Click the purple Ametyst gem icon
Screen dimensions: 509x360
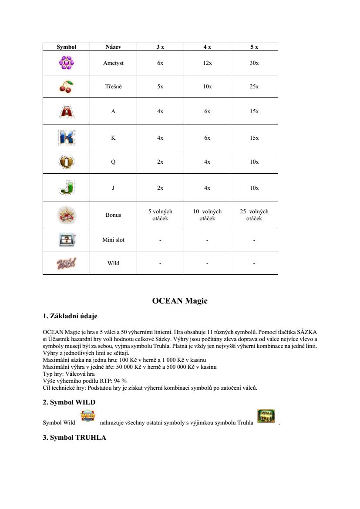[x=66, y=63]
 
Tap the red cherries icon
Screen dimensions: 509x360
[x=66, y=87]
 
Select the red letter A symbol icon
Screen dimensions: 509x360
[x=66, y=111]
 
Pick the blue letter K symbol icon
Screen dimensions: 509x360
[x=66, y=138]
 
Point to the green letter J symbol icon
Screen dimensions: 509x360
[x=66, y=188]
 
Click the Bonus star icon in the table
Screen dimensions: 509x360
[x=66, y=215]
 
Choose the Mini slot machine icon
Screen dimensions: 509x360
[x=66, y=239]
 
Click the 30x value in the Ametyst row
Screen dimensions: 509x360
[x=254, y=63]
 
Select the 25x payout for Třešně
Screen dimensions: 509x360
[x=254, y=87]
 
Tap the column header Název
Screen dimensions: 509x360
[x=113, y=47]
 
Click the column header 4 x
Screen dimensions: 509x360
[x=207, y=47]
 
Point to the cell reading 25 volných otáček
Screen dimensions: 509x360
[x=254, y=215]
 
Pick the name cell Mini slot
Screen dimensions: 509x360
[x=113, y=239]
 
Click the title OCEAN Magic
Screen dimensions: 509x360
[x=180, y=301]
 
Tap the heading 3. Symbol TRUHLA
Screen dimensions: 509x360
[x=74, y=438]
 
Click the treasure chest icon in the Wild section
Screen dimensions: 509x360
[x=266, y=416]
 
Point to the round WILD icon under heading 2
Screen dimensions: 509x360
[x=88, y=416]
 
